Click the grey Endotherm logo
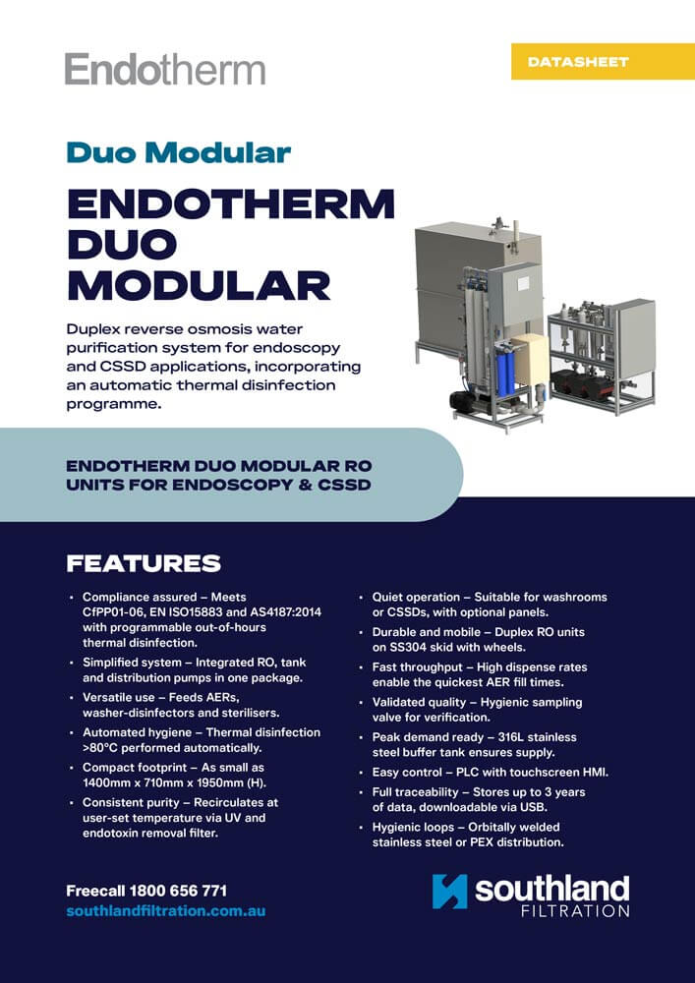[164, 70]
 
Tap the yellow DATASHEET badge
[577, 62]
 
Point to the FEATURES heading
[144, 563]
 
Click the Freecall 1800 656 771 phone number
[146, 891]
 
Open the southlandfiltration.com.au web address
[165, 911]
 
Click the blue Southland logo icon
[450, 891]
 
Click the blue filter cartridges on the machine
[504, 368]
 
